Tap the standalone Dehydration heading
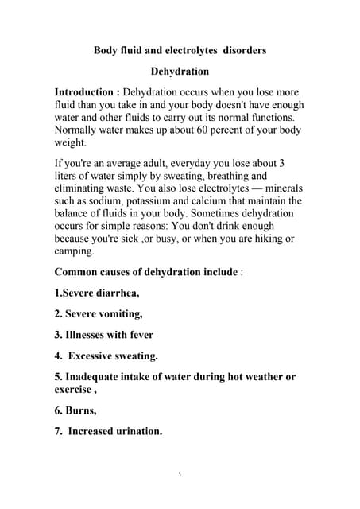180,71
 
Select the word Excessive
96,356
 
